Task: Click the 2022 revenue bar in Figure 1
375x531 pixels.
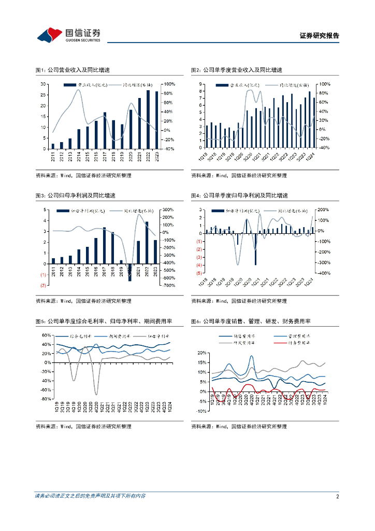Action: pos(148,119)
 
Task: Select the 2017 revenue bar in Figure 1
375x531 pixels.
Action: pos(105,130)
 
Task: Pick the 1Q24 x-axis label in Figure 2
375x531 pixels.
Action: pos(310,157)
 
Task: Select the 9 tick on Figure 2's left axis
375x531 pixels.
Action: pos(200,84)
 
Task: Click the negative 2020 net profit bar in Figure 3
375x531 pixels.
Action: pos(130,272)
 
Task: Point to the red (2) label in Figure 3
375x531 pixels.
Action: pos(44,285)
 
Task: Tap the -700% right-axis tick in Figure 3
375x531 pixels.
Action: pos(169,285)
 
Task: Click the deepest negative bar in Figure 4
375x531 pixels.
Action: pos(256,249)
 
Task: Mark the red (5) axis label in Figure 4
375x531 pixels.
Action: pos(199,273)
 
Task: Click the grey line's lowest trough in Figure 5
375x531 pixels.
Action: pos(96,394)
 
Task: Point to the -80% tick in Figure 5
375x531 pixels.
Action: pos(46,399)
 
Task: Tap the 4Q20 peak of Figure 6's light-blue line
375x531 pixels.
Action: pos(251,356)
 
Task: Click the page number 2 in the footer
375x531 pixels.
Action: pos(337,496)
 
